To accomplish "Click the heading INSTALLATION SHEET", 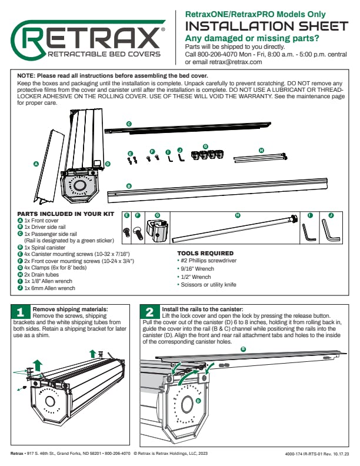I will point(266,26).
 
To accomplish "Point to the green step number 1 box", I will point(21,312).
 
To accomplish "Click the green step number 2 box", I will point(149,312).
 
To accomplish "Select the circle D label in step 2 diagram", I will point(198,400).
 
